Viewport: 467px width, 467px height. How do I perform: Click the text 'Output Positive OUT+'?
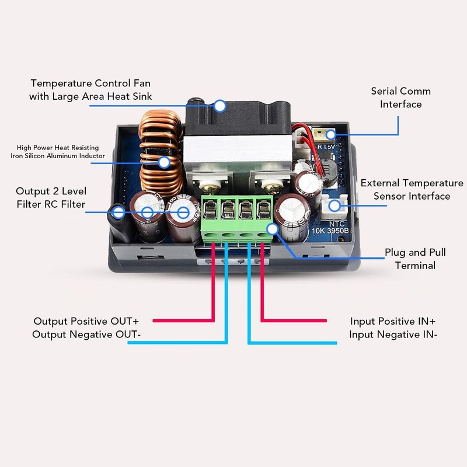[x=86, y=321]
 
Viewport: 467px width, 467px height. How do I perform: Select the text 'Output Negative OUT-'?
[x=86, y=334]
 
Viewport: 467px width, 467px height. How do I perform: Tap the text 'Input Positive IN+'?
[x=393, y=321]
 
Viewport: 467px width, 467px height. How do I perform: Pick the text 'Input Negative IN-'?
[x=393, y=334]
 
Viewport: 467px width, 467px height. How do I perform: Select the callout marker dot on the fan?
[x=219, y=106]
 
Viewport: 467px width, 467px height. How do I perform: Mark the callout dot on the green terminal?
[x=271, y=229]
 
